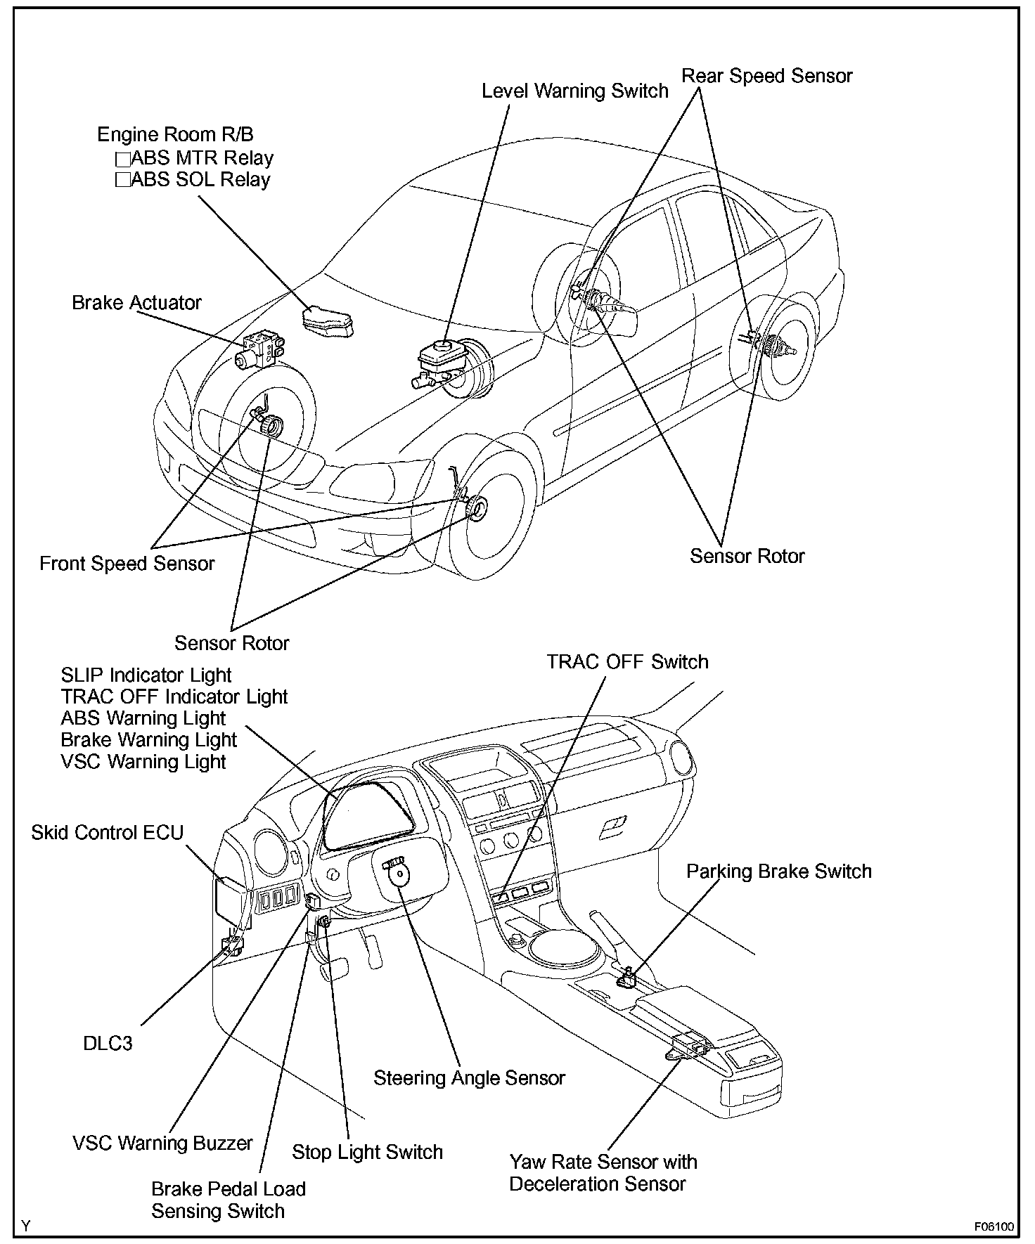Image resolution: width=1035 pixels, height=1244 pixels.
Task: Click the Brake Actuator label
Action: coord(136,303)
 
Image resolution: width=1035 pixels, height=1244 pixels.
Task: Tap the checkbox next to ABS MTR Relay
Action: coord(123,158)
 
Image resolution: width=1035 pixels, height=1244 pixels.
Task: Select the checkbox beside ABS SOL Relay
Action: coord(123,180)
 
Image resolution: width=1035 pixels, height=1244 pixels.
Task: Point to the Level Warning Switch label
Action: coord(574,91)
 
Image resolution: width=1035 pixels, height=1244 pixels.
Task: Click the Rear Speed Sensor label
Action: coord(767,76)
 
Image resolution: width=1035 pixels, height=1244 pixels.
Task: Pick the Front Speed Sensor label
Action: coord(127,563)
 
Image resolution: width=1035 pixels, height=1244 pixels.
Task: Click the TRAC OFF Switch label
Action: coord(627,661)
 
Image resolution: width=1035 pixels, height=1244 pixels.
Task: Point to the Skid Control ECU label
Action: coord(107,832)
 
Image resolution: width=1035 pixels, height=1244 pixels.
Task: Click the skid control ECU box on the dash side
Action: coord(230,900)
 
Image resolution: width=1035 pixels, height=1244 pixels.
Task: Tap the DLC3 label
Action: coord(108,1043)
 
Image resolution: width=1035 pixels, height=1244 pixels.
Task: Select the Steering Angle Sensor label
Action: coord(469,1077)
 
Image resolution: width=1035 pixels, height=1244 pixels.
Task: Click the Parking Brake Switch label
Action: coord(778,871)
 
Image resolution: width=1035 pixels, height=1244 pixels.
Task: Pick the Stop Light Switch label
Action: coord(367,1152)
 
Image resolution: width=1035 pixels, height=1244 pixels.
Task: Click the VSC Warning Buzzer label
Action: coord(162,1143)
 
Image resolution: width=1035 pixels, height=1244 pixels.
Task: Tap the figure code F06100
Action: coord(994,1227)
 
